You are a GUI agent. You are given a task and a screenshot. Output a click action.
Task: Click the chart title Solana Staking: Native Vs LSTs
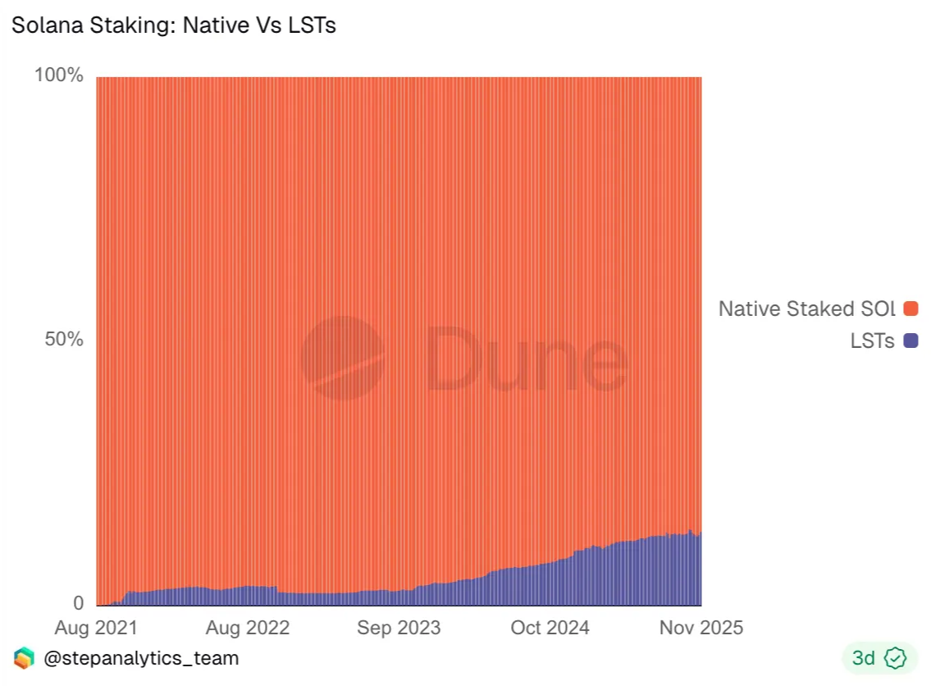coord(173,25)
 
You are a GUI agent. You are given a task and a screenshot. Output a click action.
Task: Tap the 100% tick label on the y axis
coord(59,75)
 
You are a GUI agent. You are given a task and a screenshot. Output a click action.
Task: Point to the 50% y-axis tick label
coord(64,340)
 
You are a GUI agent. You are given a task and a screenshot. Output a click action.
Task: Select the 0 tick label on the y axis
coord(79,604)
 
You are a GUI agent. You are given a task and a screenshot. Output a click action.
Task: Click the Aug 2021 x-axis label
coord(96,628)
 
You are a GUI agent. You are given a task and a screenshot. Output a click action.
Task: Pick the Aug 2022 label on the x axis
coord(248,628)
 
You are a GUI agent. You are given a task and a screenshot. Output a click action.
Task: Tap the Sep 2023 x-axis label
coord(399,628)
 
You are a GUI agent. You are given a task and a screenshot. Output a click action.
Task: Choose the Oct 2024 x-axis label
coord(550,628)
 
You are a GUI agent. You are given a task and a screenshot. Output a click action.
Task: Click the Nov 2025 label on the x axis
coord(701,628)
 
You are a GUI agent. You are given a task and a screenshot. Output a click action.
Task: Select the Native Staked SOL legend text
coord(807,309)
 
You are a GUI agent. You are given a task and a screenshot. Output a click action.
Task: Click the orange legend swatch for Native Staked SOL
coord(910,309)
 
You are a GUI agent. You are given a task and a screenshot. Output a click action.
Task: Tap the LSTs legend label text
coord(872,341)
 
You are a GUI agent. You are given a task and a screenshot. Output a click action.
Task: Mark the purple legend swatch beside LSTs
coord(910,341)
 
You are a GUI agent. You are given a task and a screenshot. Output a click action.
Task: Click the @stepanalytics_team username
coord(141,658)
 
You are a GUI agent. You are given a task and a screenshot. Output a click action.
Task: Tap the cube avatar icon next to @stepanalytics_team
coord(24,658)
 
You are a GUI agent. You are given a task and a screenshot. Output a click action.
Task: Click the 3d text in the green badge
coord(864,658)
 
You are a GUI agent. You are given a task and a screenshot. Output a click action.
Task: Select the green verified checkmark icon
coord(895,658)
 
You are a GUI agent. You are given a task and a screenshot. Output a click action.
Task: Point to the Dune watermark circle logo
coord(342,358)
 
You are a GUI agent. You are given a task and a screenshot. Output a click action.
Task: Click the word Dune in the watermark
coord(525,358)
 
